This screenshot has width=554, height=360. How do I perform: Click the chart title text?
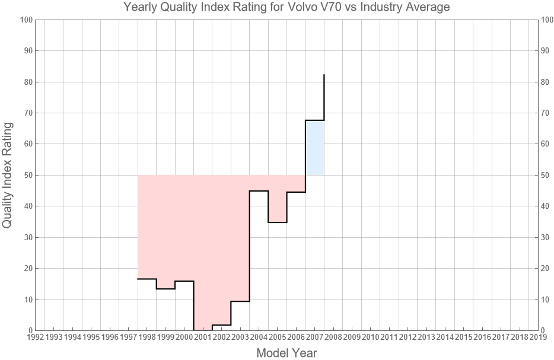(286, 8)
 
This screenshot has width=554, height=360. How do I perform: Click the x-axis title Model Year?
(286, 353)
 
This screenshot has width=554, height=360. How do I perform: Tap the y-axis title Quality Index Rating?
(8, 175)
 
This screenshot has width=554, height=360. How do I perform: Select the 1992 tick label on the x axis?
(35, 337)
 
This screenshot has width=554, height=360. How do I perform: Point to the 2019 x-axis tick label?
(538, 337)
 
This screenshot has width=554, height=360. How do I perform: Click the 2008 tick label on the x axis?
(333, 337)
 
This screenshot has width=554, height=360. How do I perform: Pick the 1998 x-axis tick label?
(147, 337)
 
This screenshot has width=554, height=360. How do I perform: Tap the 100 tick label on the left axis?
(26, 20)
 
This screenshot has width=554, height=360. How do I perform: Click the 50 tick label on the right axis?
(547, 175)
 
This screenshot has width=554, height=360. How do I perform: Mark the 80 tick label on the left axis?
(27, 82)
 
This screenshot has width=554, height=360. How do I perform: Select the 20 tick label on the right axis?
(547, 268)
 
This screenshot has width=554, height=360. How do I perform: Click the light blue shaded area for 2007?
(314, 148)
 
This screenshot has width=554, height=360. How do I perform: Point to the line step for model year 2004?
(259, 191)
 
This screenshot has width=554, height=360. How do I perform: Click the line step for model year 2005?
(277, 222)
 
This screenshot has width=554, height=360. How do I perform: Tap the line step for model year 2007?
(314, 120)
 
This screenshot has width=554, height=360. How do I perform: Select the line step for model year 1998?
(147, 279)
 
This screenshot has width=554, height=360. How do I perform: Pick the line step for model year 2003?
(240, 301)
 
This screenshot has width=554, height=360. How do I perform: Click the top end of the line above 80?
(324, 75)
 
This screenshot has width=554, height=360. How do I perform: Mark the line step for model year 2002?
(221, 325)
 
